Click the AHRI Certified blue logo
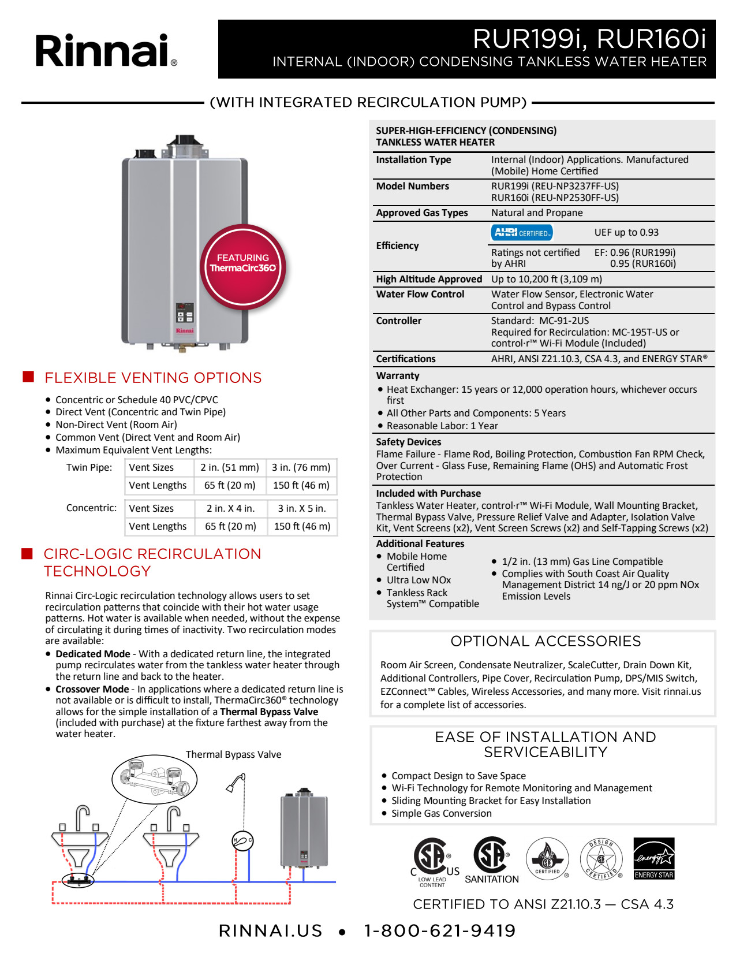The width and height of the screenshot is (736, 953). tap(522, 233)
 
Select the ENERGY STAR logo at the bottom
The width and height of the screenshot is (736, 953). tap(653, 858)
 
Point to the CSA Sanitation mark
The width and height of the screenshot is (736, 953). tap(491, 859)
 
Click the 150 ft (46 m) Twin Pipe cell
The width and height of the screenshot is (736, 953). tap(301, 485)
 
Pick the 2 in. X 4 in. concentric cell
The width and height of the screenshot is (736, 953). tap(230, 508)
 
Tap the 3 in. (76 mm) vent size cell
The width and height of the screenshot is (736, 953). tap(301, 467)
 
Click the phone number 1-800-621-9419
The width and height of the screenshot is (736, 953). tap(439, 930)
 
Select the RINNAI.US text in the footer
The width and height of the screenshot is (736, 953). tap(270, 930)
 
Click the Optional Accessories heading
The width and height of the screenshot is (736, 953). tap(546, 641)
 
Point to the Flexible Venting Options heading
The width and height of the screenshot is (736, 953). tap(153, 378)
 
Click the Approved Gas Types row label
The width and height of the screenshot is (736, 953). tap(422, 213)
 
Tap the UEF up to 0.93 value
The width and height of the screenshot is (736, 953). tap(626, 232)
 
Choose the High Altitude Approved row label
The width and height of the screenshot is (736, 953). tap(429, 279)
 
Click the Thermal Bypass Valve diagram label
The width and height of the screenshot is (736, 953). tap(233, 754)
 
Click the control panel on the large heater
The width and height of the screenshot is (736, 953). tap(185, 312)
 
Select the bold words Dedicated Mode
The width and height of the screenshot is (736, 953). tap(93, 654)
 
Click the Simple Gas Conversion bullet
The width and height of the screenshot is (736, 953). tap(442, 813)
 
